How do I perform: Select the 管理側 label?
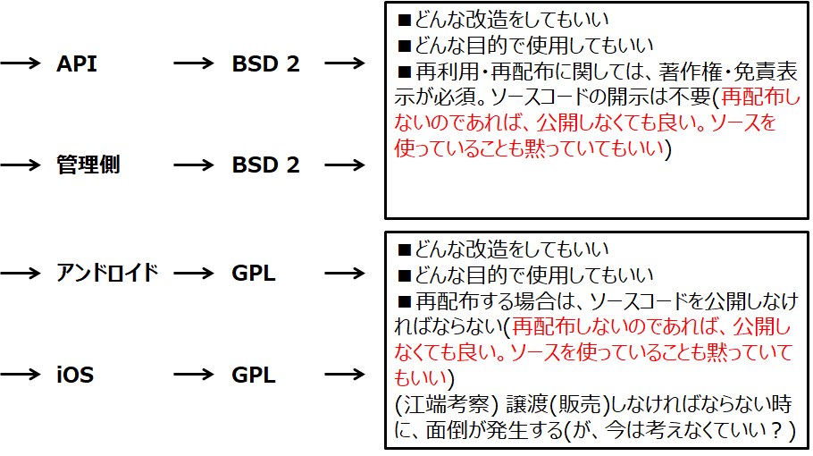coord(88,165)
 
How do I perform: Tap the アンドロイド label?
coord(106,273)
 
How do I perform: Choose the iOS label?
coord(74,375)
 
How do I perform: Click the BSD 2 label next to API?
coord(265,64)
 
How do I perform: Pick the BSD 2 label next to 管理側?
coord(265,165)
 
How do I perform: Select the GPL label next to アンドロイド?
coord(254,273)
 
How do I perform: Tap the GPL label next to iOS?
coord(254,375)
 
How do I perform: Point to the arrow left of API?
coord(22,64)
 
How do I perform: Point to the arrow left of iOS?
coord(22,375)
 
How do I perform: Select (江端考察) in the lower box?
coord(445,403)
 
